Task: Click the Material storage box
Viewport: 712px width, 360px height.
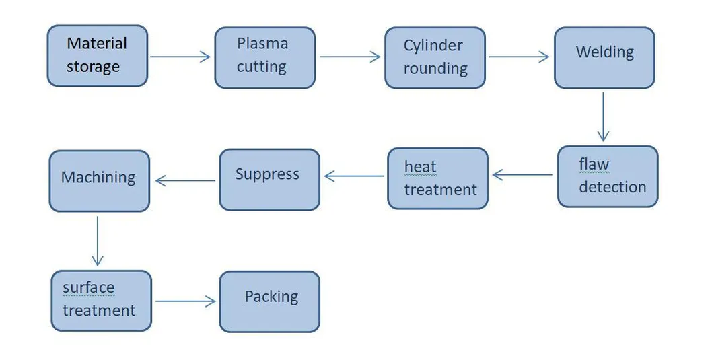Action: pyautogui.click(x=97, y=56)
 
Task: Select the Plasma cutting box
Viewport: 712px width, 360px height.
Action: pyautogui.click(x=264, y=57)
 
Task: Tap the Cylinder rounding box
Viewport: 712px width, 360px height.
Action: pyautogui.click(x=435, y=57)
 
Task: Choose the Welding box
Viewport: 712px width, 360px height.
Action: pyautogui.click(x=604, y=57)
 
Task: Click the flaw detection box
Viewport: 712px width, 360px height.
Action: pyautogui.click(x=608, y=176)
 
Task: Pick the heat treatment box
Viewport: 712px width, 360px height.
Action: pyautogui.click(x=437, y=178)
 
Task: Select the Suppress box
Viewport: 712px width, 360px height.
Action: pyautogui.click(x=269, y=180)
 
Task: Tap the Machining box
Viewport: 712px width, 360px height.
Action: pyautogui.click(x=99, y=181)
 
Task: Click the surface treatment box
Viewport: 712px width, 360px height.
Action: pyautogui.click(x=102, y=301)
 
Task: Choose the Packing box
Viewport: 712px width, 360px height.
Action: pyautogui.click(x=269, y=301)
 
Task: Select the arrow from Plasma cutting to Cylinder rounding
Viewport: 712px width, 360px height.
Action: pyautogui.click(x=350, y=57)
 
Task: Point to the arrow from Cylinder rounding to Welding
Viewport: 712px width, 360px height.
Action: pyautogui.click(x=519, y=57)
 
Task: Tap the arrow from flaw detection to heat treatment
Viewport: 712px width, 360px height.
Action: pyautogui.click(x=522, y=175)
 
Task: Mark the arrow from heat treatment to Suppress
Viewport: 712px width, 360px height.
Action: pyautogui.click(x=354, y=176)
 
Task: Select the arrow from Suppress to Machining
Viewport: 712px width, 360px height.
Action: pyautogui.click(x=185, y=180)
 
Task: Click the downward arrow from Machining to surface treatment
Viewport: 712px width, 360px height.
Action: pyautogui.click(x=98, y=240)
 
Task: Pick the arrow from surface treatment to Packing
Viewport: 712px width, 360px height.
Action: pyautogui.click(x=186, y=302)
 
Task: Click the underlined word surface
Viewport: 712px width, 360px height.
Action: pyautogui.click(x=88, y=288)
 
